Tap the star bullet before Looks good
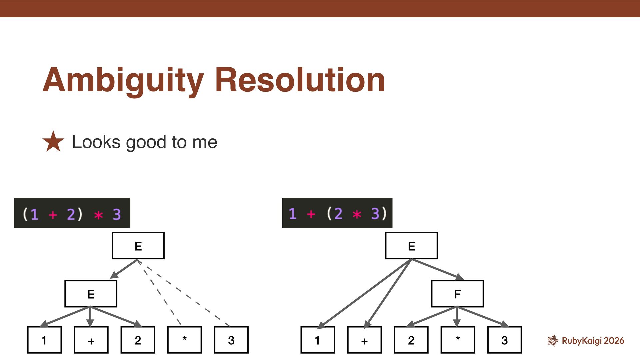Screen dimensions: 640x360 53,142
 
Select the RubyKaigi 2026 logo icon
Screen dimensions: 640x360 553,340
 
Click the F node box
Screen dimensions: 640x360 457,294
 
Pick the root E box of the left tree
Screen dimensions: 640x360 138,246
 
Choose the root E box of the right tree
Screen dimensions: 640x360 411,246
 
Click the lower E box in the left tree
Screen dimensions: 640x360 91,294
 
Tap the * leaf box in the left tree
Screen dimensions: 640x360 184,340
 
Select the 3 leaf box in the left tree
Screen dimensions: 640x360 231,340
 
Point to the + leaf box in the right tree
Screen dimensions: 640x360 364,340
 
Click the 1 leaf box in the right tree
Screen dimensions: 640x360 317,340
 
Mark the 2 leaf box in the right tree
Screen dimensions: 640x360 411,340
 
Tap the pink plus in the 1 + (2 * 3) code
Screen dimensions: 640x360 311,214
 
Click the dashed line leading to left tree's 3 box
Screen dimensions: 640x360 187,295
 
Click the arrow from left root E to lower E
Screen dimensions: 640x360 124,269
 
